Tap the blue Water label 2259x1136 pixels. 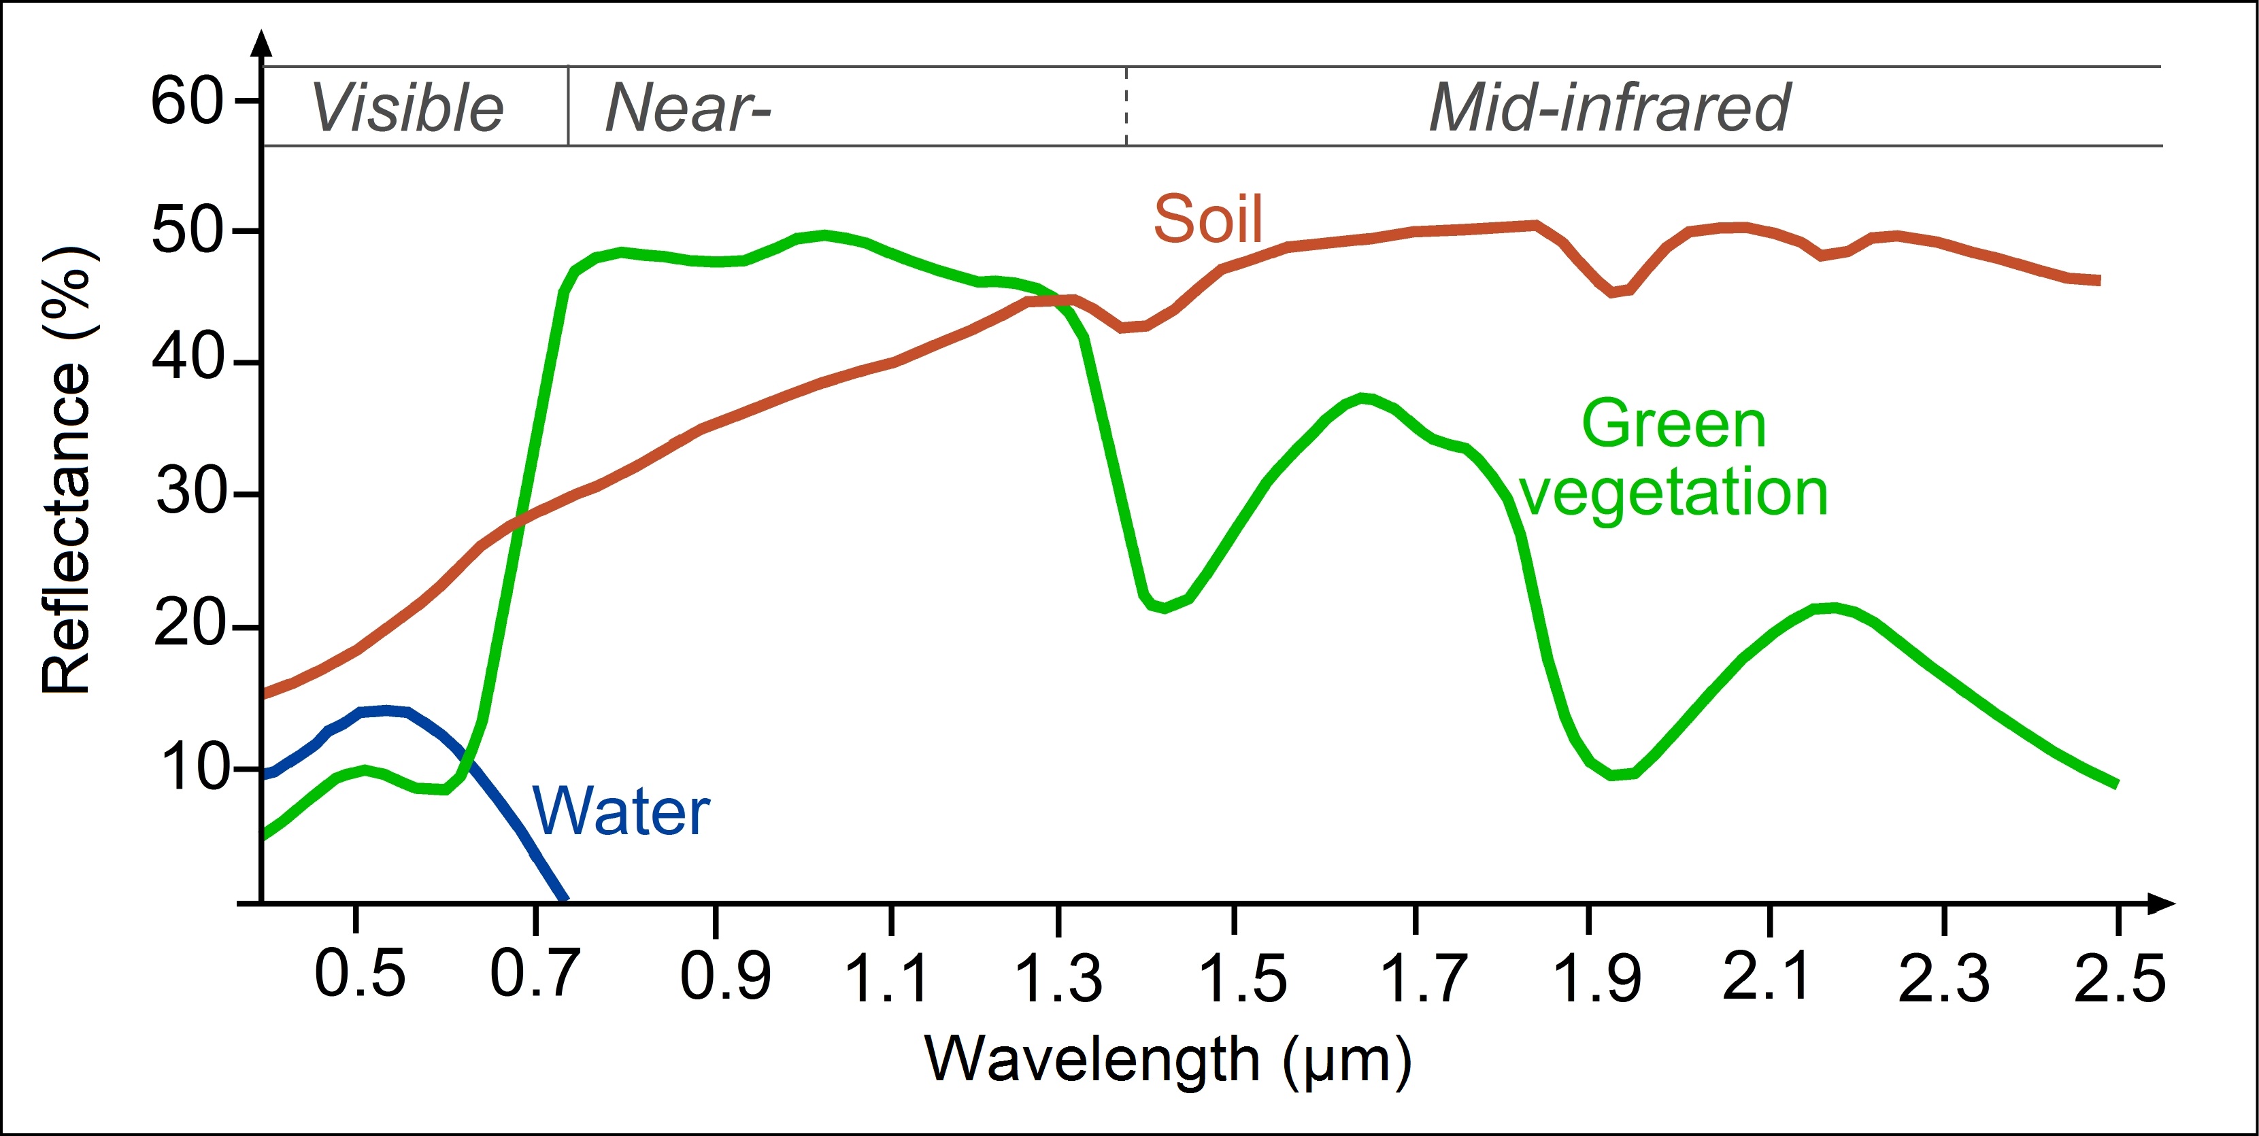pyautogui.click(x=621, y=812)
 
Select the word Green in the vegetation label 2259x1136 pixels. pyautogui.click(x=1673, y=424)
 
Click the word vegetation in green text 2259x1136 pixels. pyautogui.click(x=1673, y=493)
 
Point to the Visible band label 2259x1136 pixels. pyautogui.click(x=407, y=108)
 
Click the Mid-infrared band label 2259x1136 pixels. pyautogui.click(x=1609, y=108)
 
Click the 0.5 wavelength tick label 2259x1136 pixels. pyautogui.click(x=360, y=975)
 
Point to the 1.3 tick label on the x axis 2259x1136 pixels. pyautogui.click(x=1058, y=978)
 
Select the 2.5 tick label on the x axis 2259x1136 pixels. pyautogui.click(x=2120, y=978)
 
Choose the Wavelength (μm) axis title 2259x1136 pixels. pyautogui.click(x=1168, y=1061)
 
